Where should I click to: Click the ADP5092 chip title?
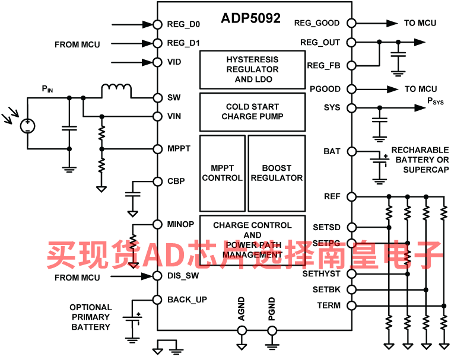(x=250, y=18)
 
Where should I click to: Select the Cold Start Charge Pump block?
(x=253, y=112)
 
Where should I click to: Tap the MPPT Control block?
(x=223, y=173)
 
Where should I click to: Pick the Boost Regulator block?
(x=277, y=173)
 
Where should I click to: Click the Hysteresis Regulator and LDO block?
(x=253, y=70)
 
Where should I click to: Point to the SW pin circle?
(x=157, y=98)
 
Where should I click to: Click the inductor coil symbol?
(x=116, y=90)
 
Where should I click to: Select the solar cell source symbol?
(x=28, y=126)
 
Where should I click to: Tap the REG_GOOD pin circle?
(x=351, y=23)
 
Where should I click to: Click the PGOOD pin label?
(x=325, y=89)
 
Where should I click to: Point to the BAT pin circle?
(x=351, y=151)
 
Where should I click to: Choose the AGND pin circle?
(x=242, y=331)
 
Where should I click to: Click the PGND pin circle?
(x=272, y=331)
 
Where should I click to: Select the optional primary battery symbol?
(x=132, y=319)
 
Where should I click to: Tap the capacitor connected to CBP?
(x=132, y=195)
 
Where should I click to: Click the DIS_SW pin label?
(x=183, y=276)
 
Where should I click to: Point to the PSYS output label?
(x=435, y=101)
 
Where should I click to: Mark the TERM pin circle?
(x=351, y=305)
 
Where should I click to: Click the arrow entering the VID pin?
(x=132, y=62)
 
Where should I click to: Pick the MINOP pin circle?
(x=157, y=224)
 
